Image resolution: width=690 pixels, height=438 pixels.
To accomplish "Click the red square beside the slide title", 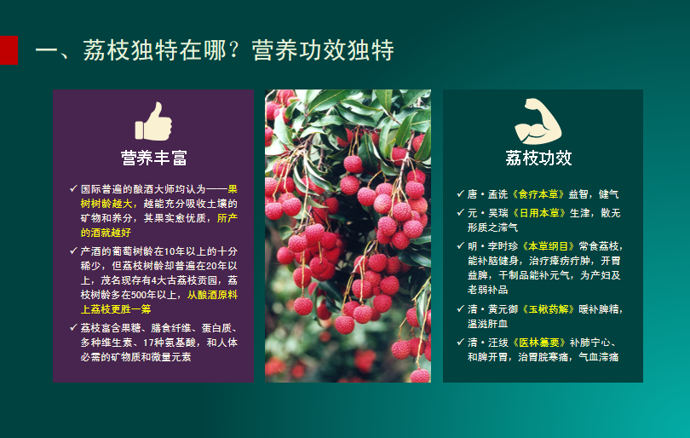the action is coord(9,50).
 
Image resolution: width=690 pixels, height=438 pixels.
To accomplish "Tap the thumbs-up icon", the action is coord(153,122).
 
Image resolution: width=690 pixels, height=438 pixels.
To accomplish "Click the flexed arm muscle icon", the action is coord(538,122).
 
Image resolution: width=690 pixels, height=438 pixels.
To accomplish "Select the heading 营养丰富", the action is coord(154,158).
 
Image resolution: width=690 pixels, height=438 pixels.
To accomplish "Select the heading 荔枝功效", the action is coord(538,158).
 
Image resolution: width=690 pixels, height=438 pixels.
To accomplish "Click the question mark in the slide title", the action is coord(233,49).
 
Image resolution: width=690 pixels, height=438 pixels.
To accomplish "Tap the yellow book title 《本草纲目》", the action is coord(549,246).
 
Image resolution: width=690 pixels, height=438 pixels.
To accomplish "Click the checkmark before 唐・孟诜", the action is coord(460,193).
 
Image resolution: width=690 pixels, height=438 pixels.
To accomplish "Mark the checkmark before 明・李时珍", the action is coord(460,245).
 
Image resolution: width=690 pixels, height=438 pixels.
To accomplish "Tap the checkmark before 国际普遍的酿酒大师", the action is coord(73,188).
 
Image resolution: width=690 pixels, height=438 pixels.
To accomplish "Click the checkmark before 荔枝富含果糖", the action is coord(73,327).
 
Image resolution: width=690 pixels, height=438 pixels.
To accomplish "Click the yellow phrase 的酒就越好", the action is coord(106,233).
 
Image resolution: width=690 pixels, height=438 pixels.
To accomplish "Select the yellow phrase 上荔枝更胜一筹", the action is coord(116,309).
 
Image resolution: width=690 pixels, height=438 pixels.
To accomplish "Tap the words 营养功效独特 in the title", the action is coord(323,49).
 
